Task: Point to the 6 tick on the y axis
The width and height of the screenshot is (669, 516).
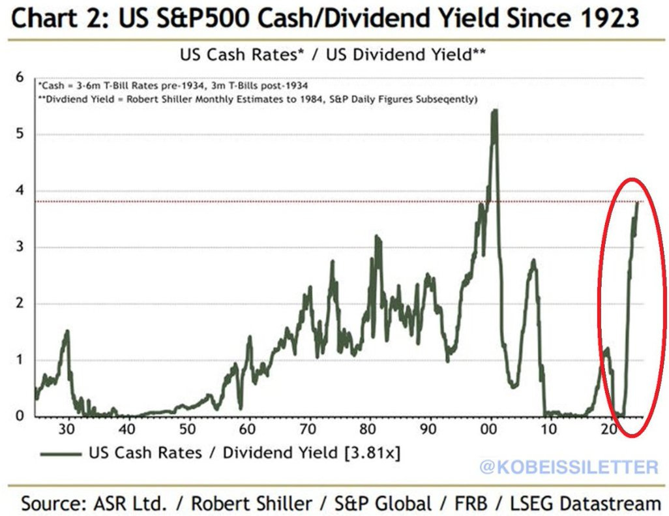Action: coord(19,78)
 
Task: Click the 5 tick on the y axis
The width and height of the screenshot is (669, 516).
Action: coord(19,134)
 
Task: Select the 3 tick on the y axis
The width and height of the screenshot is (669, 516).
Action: coord(19,247)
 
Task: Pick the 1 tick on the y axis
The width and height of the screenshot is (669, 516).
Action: coord(19,360)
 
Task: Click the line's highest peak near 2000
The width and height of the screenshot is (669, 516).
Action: coord(494,111)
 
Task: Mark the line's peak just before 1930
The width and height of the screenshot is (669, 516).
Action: coord(67,331)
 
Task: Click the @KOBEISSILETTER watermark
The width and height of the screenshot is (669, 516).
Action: coord(569,467)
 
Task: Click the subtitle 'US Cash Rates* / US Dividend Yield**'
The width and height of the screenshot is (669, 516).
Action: coord(333,55)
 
